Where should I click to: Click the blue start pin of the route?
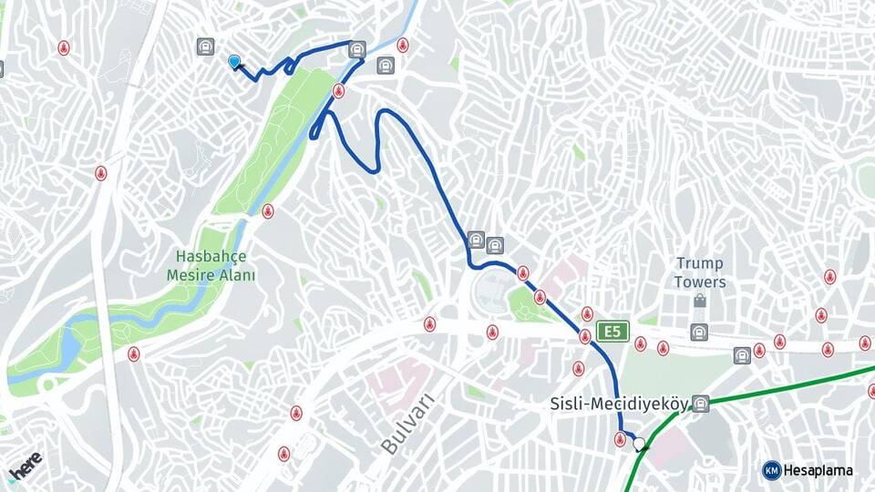(x=234, y=61)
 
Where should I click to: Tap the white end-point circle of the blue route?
(x=639, y=444)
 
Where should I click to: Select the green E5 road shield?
(x=613, y=331)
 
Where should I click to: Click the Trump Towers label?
(x=700, y=272)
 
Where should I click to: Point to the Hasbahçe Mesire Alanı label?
(x=211, y=265)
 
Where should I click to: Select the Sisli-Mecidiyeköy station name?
(x=619, y=404)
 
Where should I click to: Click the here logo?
(x=25, y=466)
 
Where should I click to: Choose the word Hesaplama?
(x=818, y=470)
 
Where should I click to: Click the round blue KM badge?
(x=771, y=470)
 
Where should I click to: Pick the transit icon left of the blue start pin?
(x=206, y=46)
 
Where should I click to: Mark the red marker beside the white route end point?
(x=621, y=440)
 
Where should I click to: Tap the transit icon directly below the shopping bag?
(x=699, y=332)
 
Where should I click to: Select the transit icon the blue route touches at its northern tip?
(x=356, y=49)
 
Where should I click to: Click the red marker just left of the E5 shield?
(x=584, y=337)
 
